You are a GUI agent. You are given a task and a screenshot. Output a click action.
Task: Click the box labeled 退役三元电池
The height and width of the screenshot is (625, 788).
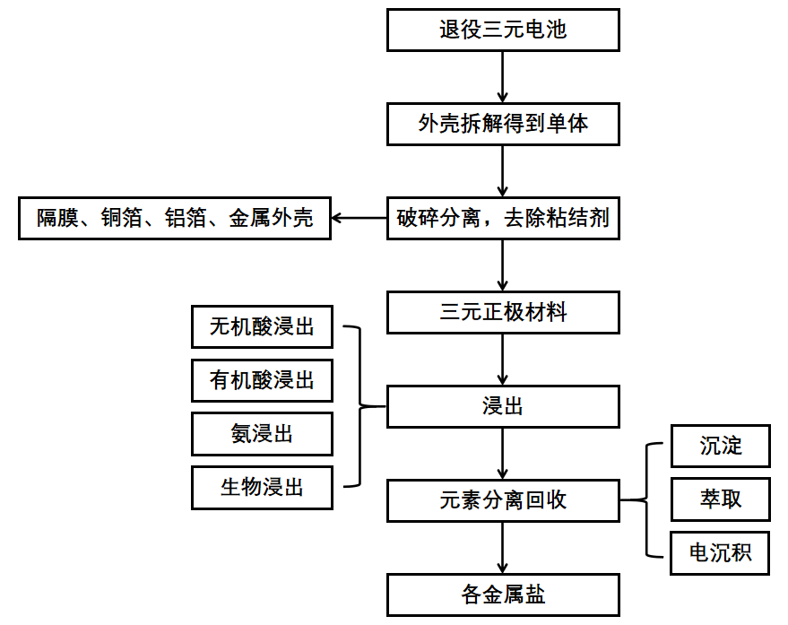coord(503,30)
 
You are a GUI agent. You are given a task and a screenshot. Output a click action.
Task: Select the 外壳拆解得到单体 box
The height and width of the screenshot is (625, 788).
coord(503,124)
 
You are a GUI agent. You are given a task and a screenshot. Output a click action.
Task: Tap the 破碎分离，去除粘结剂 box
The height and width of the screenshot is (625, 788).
coord(503,218)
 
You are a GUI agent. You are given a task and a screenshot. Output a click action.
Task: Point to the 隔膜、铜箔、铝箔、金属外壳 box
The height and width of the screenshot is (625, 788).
coord(175,218)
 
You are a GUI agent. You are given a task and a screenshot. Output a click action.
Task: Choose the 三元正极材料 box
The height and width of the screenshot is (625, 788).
coord(503,313)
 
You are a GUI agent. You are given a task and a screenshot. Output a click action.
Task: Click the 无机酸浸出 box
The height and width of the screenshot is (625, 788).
coord(262,327)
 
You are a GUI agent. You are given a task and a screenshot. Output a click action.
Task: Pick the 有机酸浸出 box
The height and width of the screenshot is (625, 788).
coord(262,381)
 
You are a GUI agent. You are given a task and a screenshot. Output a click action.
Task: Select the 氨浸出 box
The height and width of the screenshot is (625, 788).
coord(262,434)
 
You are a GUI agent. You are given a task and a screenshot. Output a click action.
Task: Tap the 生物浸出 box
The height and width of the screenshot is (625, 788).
coord(262,488)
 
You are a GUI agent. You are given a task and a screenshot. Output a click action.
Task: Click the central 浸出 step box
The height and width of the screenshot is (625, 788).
coord(503,406)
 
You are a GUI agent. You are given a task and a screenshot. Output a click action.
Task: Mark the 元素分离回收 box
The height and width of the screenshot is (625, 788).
coord(503,500)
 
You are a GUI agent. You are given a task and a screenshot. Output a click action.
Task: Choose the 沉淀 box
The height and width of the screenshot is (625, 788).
coord(721,446)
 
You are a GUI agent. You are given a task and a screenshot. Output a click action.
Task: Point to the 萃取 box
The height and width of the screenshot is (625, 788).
coord(721,499)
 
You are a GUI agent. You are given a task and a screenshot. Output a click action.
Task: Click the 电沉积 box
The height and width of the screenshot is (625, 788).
coord(721,553)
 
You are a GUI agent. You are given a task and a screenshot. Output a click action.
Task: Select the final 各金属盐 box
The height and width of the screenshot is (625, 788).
coord(503,595)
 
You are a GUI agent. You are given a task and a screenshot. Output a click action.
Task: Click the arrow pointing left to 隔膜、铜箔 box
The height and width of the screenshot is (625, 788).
coord(359,218)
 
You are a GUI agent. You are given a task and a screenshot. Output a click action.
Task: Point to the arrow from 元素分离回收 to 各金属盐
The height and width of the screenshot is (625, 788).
coord(503,548)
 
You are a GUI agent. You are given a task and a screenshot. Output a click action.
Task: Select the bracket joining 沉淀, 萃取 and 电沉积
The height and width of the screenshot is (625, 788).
coord(646,499)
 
